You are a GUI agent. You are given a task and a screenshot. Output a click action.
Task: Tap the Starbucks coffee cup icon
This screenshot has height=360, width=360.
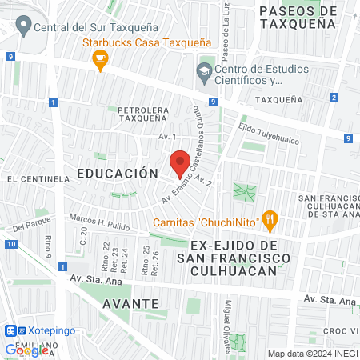(100, 61)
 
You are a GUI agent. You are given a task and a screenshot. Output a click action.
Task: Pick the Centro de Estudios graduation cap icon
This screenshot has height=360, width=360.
(203, 74)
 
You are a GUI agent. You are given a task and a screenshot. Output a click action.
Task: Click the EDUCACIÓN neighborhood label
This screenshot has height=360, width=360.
(114, 173)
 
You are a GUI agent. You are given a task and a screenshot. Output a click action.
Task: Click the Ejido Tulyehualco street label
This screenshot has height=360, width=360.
(269, 132)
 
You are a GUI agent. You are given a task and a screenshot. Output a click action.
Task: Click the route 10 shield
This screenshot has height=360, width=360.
(10, 244)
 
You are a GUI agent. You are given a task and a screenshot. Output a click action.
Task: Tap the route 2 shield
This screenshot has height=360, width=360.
(333, 98)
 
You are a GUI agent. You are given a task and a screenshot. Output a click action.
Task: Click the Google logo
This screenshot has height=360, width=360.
(27, 350)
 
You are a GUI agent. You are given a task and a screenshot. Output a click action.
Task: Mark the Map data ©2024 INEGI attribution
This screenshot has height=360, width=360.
(312, 354)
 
